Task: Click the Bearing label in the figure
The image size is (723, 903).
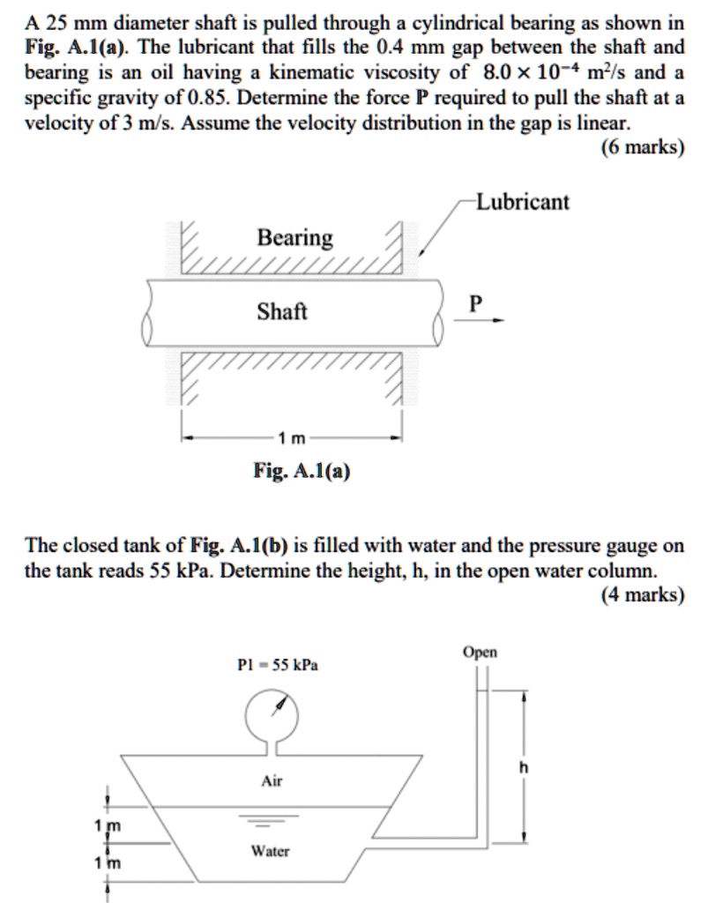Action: tap(294, 238)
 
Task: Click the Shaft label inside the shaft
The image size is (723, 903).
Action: tap(282, 311)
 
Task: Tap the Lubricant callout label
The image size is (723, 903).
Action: tap(522, 202)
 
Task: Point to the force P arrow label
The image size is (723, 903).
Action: tap(476, 304)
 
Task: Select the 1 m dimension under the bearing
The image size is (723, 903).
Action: tap(292, 438)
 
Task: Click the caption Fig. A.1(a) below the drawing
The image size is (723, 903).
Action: tap(301, 472)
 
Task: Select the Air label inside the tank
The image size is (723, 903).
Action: tap(272, 781)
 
